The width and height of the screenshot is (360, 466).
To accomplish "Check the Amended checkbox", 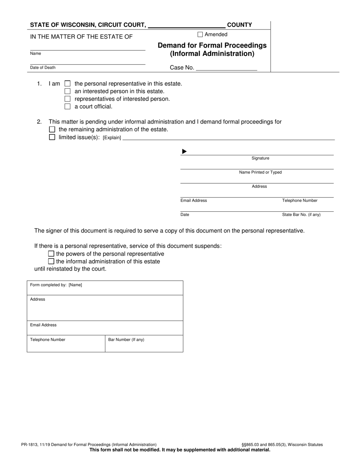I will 200,34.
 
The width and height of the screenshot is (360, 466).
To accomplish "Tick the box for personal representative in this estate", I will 67,84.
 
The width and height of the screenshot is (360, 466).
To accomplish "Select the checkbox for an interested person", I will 67,91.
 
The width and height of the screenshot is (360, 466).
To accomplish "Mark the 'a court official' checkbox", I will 67,106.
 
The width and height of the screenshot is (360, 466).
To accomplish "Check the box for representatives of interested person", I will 67,99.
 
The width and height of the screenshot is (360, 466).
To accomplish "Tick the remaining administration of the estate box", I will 52,130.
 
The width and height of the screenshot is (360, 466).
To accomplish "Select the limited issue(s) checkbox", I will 52,137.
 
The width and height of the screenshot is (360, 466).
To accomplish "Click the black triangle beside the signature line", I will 184,152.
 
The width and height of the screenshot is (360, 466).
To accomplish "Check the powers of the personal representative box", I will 51,254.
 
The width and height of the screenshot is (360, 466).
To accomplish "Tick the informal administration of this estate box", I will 51,261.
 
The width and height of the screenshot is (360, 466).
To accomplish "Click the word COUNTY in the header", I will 239,25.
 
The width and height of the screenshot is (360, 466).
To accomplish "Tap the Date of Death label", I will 43,67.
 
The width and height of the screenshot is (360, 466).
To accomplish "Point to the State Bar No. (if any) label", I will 301,215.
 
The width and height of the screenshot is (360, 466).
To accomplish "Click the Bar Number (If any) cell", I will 144,343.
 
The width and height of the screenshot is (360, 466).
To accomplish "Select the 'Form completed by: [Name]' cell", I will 105,288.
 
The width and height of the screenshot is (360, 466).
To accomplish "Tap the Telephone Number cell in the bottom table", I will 66,343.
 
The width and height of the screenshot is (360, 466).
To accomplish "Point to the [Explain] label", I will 112,138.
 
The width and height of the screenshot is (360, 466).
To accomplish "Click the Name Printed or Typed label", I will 260,172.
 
